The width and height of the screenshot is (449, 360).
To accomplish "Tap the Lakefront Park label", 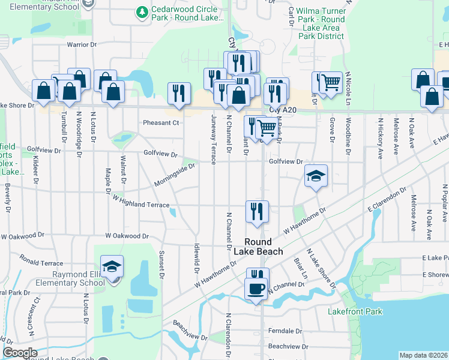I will (x=355, y=311).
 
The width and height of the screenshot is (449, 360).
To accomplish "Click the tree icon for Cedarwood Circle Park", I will (x=142, y=12).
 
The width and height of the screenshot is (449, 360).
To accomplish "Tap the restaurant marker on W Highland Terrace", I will (x=257, y=211).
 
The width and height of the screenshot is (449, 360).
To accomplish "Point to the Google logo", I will (x=20, y=353).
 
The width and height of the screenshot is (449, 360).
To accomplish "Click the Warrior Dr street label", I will (x=82, y=45).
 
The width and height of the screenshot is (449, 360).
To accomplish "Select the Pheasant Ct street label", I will (x=161, y=123).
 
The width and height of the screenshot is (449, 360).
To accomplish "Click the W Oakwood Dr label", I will (x=127, y=236).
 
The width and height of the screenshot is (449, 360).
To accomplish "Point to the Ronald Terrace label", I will (x=41, y=263).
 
